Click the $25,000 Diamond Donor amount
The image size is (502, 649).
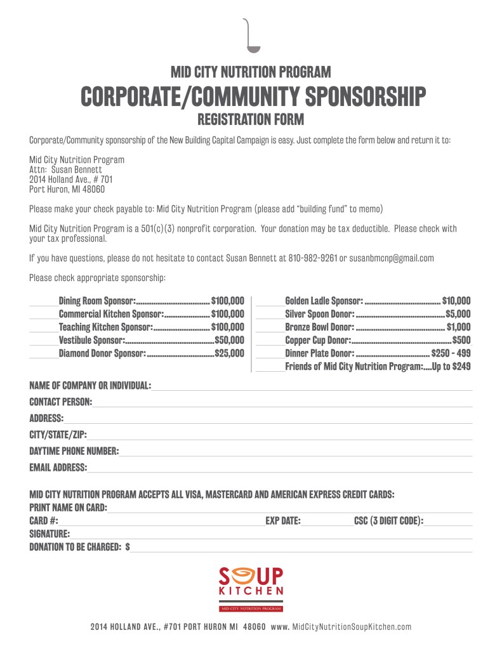coord(229,353)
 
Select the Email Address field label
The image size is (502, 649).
coord(58,468)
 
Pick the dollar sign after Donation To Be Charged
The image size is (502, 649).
coord(128,546)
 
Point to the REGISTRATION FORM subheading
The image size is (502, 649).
coord(251,119)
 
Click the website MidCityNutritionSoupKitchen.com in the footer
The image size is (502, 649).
coord(352,627)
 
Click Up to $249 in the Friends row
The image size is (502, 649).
coord(451,366)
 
